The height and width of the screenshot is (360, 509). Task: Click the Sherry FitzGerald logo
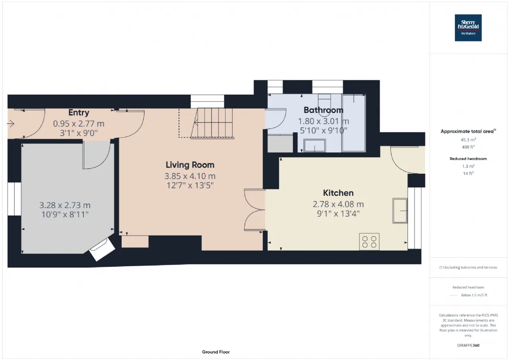point(468,28)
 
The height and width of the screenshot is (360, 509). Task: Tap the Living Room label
point(190,165)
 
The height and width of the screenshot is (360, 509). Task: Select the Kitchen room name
point(338,193)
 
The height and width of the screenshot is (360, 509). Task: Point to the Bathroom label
point(323,110)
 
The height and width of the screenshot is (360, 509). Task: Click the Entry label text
point(79,113)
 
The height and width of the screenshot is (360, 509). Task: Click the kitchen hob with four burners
point(369,241)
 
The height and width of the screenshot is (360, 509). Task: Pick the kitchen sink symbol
point(400,211)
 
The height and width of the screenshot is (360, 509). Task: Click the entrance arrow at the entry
point(10,124)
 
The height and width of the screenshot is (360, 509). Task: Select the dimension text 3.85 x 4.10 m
point(190,176)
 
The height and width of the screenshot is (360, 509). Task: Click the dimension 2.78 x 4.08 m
point(338,204)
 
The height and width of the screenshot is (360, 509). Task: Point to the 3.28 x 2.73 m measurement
point(65,205)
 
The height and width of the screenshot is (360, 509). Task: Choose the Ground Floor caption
point(216,352)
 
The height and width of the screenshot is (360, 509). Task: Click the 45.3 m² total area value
point(468,140)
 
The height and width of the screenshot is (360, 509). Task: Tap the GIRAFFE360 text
point(468,345)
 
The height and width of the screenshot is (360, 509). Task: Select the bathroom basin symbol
point(315,146)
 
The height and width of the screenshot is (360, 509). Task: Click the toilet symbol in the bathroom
point(324,102)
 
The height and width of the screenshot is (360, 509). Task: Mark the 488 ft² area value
point(468,147)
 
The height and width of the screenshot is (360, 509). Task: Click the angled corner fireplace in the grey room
point(102,249)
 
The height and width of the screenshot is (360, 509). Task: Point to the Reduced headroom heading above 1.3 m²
point(468,159)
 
